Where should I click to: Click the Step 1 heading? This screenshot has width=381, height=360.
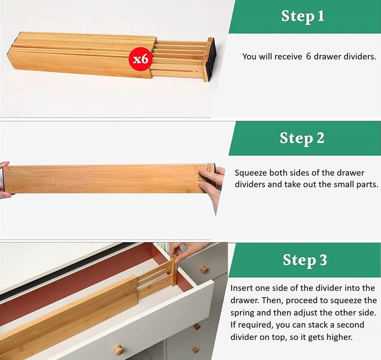point(302,16)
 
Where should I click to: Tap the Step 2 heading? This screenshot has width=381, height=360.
point(302,138)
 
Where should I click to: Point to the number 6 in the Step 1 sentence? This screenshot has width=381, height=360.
point(308,57)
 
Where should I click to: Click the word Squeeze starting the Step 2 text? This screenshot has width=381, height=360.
point(251,173)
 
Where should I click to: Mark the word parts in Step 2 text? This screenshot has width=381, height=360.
point(365,184)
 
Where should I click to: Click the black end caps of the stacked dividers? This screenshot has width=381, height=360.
point(210,59)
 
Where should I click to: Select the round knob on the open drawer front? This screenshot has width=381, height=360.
point(118,349)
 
